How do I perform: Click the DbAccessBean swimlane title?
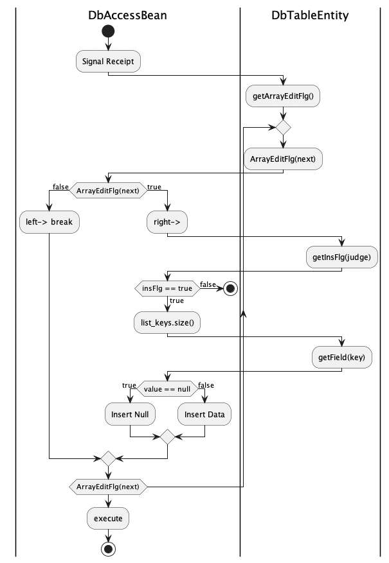pos(127,15)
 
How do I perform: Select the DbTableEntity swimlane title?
pos(310,15)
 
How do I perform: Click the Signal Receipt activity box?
pos(108,62)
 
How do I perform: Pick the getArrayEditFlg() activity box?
pos(283,96)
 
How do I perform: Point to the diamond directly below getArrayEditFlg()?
pos(283,127)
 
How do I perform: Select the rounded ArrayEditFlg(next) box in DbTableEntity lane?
pos(283,159)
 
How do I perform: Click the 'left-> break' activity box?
pos(50,221)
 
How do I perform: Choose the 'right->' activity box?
pos(167,221)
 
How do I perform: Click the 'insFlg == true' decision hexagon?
pos(167,288)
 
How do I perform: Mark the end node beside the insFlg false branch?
pos(230,288)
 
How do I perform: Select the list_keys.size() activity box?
pos(167,323)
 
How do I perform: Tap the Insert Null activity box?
pos(130,415)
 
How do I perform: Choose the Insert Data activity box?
pos(204,415)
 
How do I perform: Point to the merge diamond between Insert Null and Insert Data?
pos(167,437)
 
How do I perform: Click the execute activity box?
pos(108,517)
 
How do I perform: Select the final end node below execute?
pos(108,548)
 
